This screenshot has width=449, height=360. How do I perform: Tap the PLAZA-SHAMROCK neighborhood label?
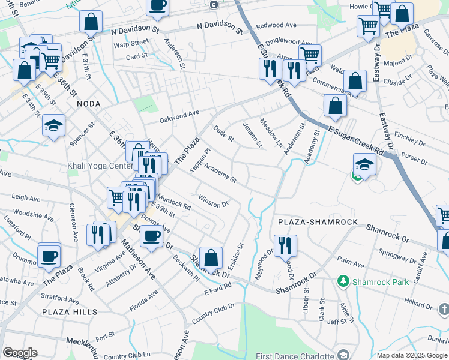point(318,222)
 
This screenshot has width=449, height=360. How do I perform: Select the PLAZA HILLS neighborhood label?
point(70,312)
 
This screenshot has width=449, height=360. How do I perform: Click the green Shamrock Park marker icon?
point(343,281)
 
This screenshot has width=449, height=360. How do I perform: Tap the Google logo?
point(20,353)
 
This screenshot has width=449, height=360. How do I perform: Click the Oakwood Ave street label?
point(179,115)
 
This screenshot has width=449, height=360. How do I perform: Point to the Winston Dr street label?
point(214,201)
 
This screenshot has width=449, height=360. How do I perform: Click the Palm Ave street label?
point(351,262)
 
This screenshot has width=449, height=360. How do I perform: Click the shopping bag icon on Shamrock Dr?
point(211,259)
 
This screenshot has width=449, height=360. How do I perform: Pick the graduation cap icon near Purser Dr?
point(364,164)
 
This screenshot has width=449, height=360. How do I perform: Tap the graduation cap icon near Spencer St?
point(54,125)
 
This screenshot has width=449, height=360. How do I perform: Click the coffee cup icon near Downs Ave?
point(151,235)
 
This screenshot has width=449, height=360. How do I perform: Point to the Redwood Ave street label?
point(276,26)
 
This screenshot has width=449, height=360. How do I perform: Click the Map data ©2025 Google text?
point(411,355)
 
